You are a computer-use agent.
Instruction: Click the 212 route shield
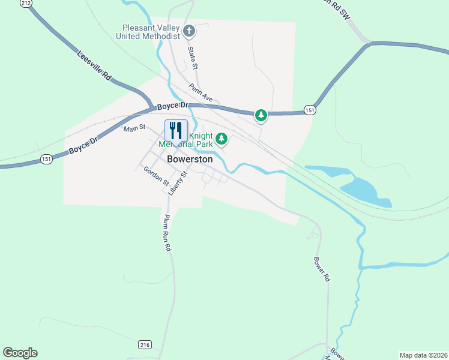coord(25,4)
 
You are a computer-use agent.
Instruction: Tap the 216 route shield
coord(145,344)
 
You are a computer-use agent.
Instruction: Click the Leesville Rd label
coord(95,66)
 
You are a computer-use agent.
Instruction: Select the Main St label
coord(134,128)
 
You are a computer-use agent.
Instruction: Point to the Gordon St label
coord(157,178)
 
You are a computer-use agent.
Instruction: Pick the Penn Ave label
coord(201,92)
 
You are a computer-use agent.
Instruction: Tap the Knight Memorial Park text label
coord(186,140)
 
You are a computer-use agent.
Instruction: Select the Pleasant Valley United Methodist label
coord(151,32)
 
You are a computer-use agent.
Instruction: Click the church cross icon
coord(189,31)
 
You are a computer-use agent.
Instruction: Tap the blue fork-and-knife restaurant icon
coord(176,131)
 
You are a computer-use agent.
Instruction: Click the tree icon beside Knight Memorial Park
coord(222,140)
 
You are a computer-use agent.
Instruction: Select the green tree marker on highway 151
coord(261,115)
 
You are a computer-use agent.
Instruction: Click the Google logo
coord(20,353)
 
